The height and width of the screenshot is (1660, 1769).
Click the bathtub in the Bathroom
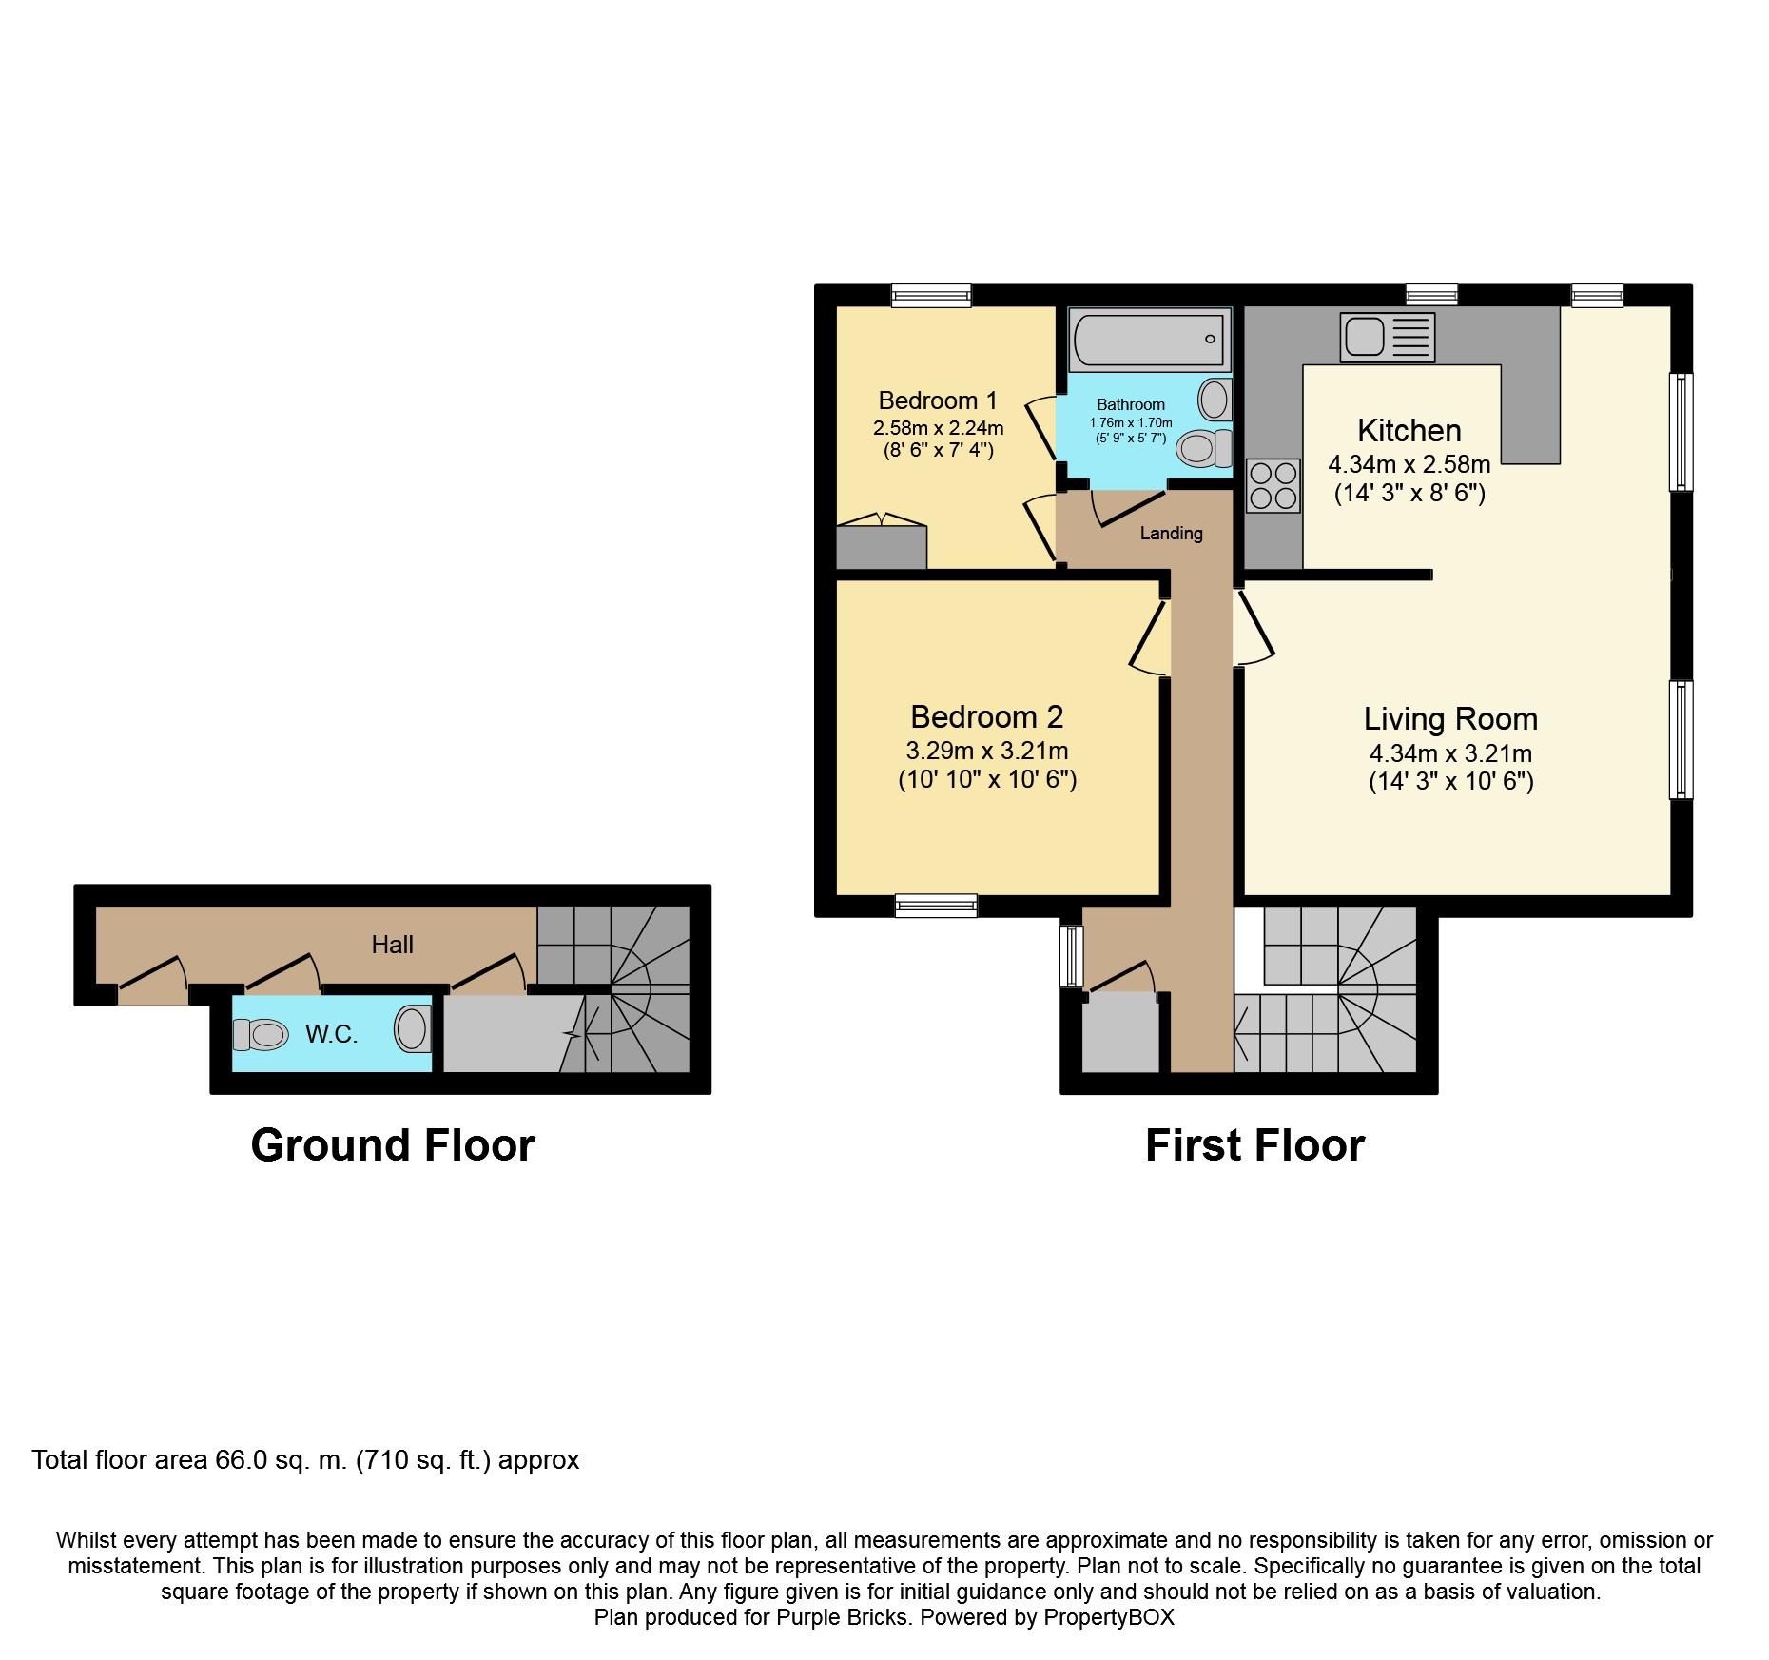pos(1149,340)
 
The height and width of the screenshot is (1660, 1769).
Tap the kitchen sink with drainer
pos(1387,337)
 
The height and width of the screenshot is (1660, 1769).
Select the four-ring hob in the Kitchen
pos(1273,485)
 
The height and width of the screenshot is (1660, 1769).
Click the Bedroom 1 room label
pos(937,400)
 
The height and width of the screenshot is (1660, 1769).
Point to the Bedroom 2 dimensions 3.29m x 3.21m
pos(986,751)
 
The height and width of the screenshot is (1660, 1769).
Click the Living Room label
pos(1449,719)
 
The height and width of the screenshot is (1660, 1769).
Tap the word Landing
pos(1171,534)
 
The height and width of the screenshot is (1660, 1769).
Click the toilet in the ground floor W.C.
pos(262,1034)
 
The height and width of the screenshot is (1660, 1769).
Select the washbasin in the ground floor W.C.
pos(412,1028)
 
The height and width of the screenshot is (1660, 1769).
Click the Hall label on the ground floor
pos(392,945)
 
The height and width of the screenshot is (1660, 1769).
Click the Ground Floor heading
pos(392,1145)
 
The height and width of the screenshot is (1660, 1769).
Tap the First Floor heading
pos(1254,1145)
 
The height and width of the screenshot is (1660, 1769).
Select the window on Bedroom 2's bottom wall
pos(936,906)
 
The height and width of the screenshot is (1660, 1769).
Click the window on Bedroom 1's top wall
pos(931,295)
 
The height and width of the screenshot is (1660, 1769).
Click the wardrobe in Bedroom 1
pos(881,546)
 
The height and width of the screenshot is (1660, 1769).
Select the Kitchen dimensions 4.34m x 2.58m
pos(1409,465)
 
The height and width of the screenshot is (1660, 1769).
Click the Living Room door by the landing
pos(1255,628)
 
